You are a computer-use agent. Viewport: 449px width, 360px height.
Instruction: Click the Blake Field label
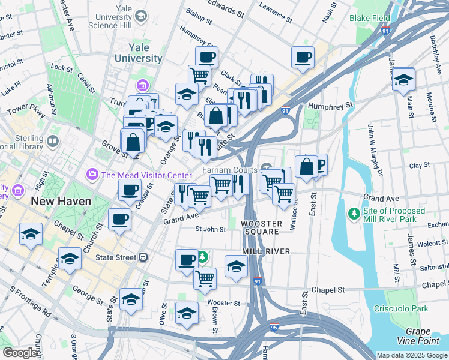370,19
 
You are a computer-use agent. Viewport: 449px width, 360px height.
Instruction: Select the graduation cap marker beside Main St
403,79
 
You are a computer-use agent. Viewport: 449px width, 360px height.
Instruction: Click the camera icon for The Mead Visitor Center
92,175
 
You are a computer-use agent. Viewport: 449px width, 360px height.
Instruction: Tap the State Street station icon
143,257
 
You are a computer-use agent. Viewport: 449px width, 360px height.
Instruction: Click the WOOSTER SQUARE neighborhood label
261,227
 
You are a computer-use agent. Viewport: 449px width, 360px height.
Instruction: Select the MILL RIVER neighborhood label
266,251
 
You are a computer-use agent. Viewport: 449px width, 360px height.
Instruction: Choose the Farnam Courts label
229,170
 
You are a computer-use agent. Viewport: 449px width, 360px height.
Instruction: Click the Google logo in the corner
20,353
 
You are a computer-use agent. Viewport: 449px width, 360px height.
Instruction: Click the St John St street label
211,229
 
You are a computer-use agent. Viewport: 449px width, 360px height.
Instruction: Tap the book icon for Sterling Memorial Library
53,142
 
